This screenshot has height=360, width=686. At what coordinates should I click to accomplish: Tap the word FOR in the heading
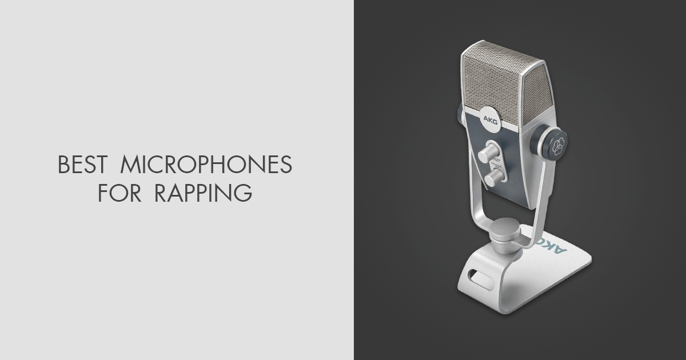tap(117, 193)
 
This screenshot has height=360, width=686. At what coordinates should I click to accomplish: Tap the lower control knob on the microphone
tap(492, 179)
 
